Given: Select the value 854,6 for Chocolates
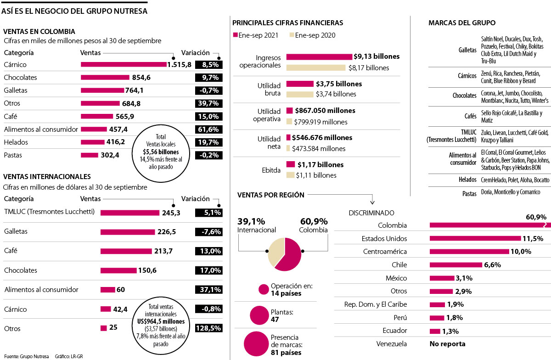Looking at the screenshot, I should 141,78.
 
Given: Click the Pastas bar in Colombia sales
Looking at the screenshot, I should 89,155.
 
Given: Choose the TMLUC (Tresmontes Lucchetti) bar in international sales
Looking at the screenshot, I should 130,213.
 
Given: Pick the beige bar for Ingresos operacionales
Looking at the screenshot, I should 316,67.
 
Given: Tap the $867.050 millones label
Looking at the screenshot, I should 325,111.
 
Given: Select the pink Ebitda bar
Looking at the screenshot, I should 290,164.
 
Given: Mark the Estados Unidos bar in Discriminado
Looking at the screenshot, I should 475,238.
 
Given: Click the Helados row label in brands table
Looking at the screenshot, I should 467,180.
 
